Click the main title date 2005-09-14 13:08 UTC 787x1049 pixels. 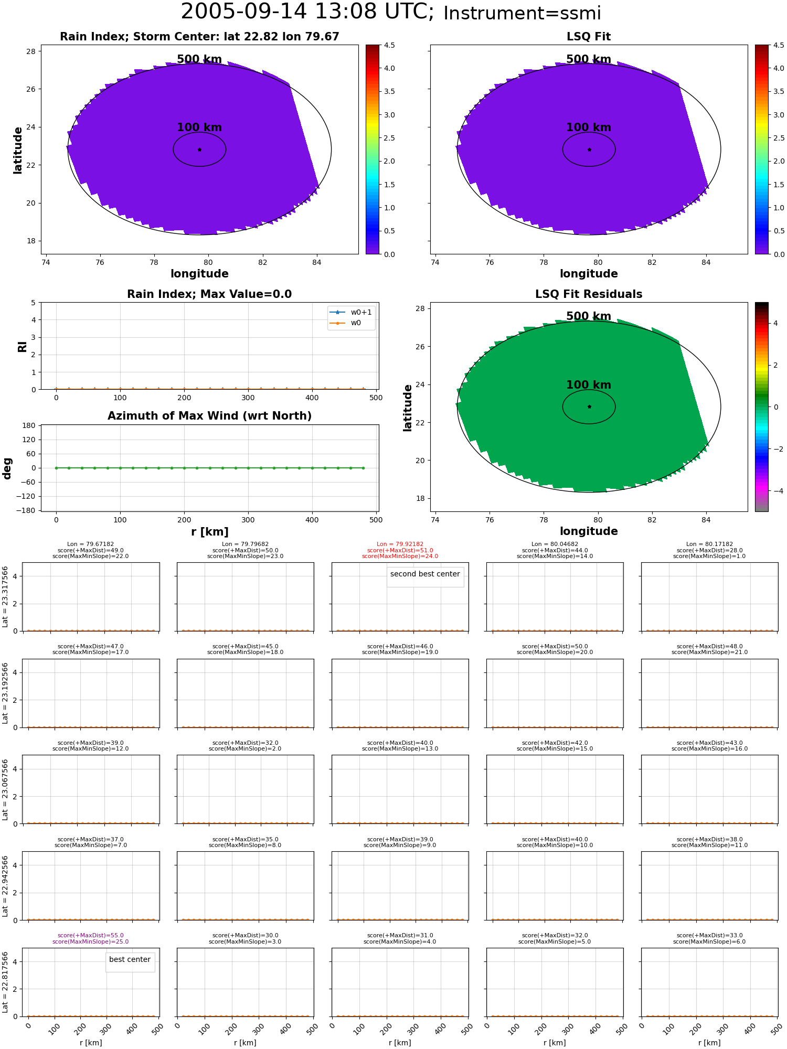click(307, 12)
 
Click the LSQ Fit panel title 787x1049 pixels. click(589, 37)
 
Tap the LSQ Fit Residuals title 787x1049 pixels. click(589, 294)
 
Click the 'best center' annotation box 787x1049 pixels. click(130, 960)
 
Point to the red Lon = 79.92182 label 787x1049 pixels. click(400, 544)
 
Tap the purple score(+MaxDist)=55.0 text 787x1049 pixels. click(90, 936)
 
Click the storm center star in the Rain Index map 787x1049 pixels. click(199, 149)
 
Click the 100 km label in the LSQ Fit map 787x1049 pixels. click(589, 127)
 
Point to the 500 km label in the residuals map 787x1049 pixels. click(589, 316)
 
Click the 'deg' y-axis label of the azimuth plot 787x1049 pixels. click(7, 468)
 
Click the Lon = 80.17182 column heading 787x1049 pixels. click(709, 544)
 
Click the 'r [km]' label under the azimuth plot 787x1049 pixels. click(210, 532)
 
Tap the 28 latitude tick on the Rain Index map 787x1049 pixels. click(31, 51)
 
